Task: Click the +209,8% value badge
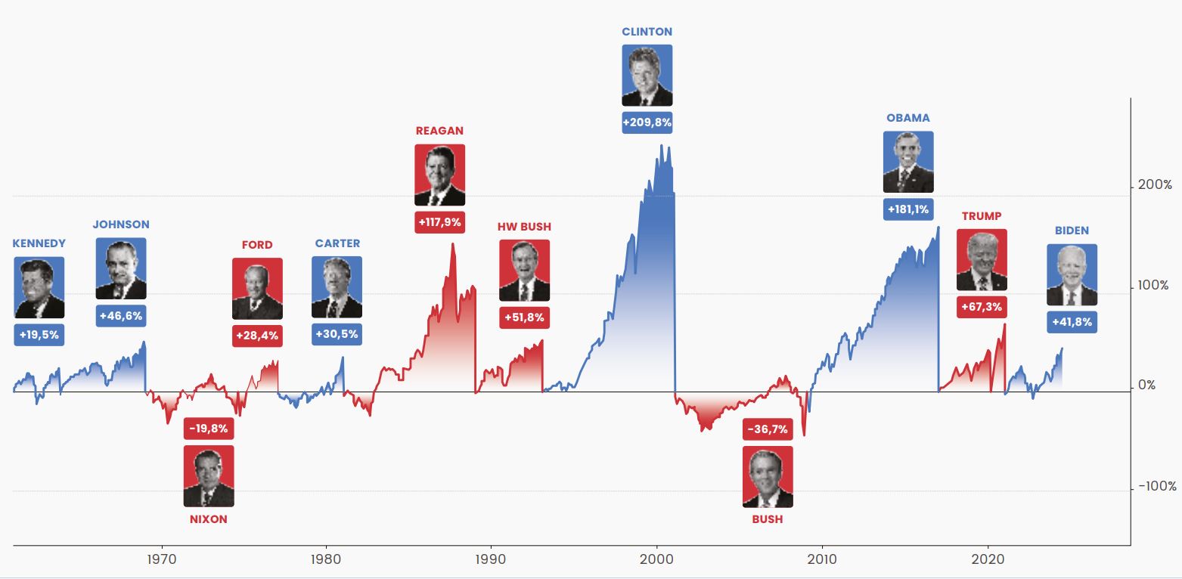coord(647,122)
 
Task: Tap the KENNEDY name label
coord(39,243)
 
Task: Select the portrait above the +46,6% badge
coord(121,268)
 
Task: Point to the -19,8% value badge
coord(209,429)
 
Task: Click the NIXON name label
coord(209,519)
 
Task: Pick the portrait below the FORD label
coord(257,288)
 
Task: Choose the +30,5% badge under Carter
coord(337,334)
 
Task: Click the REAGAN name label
coord(439,131)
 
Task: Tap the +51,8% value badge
coord(524,317)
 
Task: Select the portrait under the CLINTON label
coord(647,75)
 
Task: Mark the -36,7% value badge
coord(768,429)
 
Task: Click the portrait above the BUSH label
coord(768,476)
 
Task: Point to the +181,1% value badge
coord(908,209)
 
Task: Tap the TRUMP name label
coord(982,216)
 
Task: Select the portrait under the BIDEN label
coord(1072,274)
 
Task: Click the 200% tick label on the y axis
coord(1155,185)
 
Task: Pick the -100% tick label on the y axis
coord(1157,487)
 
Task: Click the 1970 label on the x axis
coord(161,560)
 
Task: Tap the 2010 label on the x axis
coord(822,560)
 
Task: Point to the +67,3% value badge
coord(982,308)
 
